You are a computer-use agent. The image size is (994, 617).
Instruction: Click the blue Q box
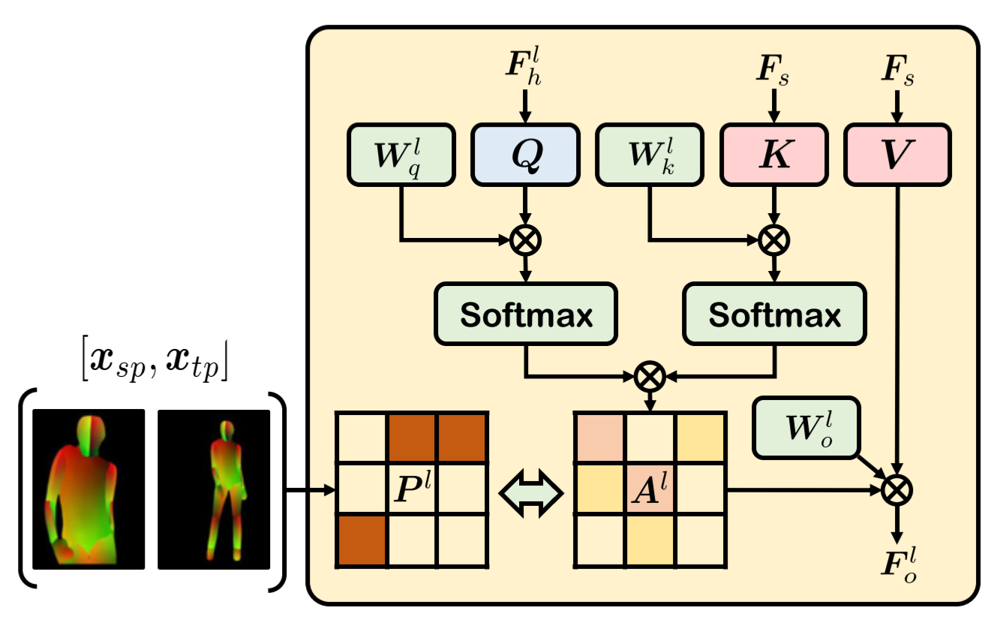pos(524,154)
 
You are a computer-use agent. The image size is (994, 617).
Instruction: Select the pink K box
pos(774,154)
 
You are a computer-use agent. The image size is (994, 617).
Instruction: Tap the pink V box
pos(897,154)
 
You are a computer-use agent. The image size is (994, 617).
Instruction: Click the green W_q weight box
pos(401,154)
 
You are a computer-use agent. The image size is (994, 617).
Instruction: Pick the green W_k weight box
pos(649,154)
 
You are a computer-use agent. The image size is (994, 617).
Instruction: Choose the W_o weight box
pos(806,427)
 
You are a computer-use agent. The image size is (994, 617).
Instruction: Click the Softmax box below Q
pos(525,315)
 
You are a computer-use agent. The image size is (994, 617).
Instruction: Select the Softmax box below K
pos(774,315)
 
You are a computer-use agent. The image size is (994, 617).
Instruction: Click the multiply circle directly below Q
pos(525,240)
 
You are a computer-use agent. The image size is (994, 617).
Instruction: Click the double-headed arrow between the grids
pos(531,490)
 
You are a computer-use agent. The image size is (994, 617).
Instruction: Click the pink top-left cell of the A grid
pos(599,437)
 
